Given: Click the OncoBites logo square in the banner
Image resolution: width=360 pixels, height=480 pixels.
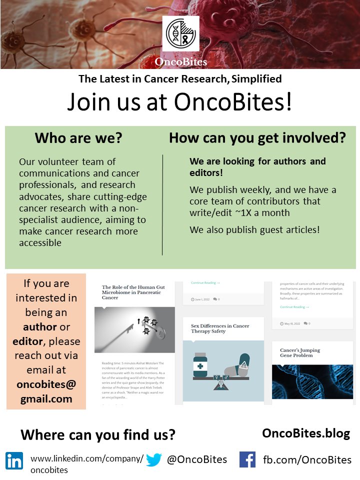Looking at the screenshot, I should click(180, 33).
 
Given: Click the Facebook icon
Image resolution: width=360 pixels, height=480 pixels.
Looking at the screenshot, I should click(247, 459).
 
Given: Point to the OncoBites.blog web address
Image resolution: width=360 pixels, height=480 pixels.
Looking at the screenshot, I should click(306, 433).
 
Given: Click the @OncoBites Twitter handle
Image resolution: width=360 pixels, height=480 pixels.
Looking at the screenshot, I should click(197, 459).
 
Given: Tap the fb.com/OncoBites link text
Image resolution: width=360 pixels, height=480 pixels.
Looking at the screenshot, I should click(307, 459).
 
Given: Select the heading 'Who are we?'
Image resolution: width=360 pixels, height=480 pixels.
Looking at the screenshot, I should click(78, 138).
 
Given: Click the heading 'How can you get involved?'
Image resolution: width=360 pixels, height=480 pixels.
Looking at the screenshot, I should click(257, 138).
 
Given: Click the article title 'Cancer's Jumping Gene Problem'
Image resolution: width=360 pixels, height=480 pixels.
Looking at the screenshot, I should click(300, 353).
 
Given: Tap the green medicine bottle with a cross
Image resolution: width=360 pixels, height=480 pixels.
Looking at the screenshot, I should click(201, 366).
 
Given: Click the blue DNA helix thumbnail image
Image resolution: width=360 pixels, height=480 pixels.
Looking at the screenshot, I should click(312, 381).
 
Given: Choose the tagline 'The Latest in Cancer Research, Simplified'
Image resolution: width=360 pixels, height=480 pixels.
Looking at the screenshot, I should click(180, 78).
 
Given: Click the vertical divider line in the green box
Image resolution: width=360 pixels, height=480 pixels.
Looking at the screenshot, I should click(162, 205).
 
